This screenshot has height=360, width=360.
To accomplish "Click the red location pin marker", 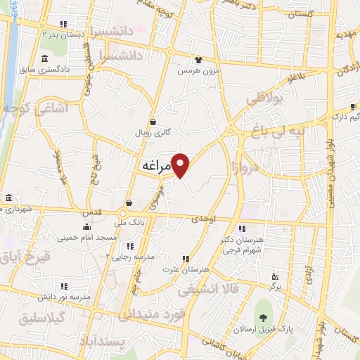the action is pos(181,165).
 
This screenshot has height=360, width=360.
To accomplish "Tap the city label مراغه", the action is pos(153,167).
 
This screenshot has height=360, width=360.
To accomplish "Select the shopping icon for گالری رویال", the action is pos(153,122).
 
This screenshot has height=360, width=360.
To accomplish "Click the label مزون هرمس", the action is pos(194,71).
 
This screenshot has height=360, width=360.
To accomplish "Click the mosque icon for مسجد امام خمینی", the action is pos(86,226).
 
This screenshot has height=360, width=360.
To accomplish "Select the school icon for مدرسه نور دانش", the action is pos(64,286).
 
